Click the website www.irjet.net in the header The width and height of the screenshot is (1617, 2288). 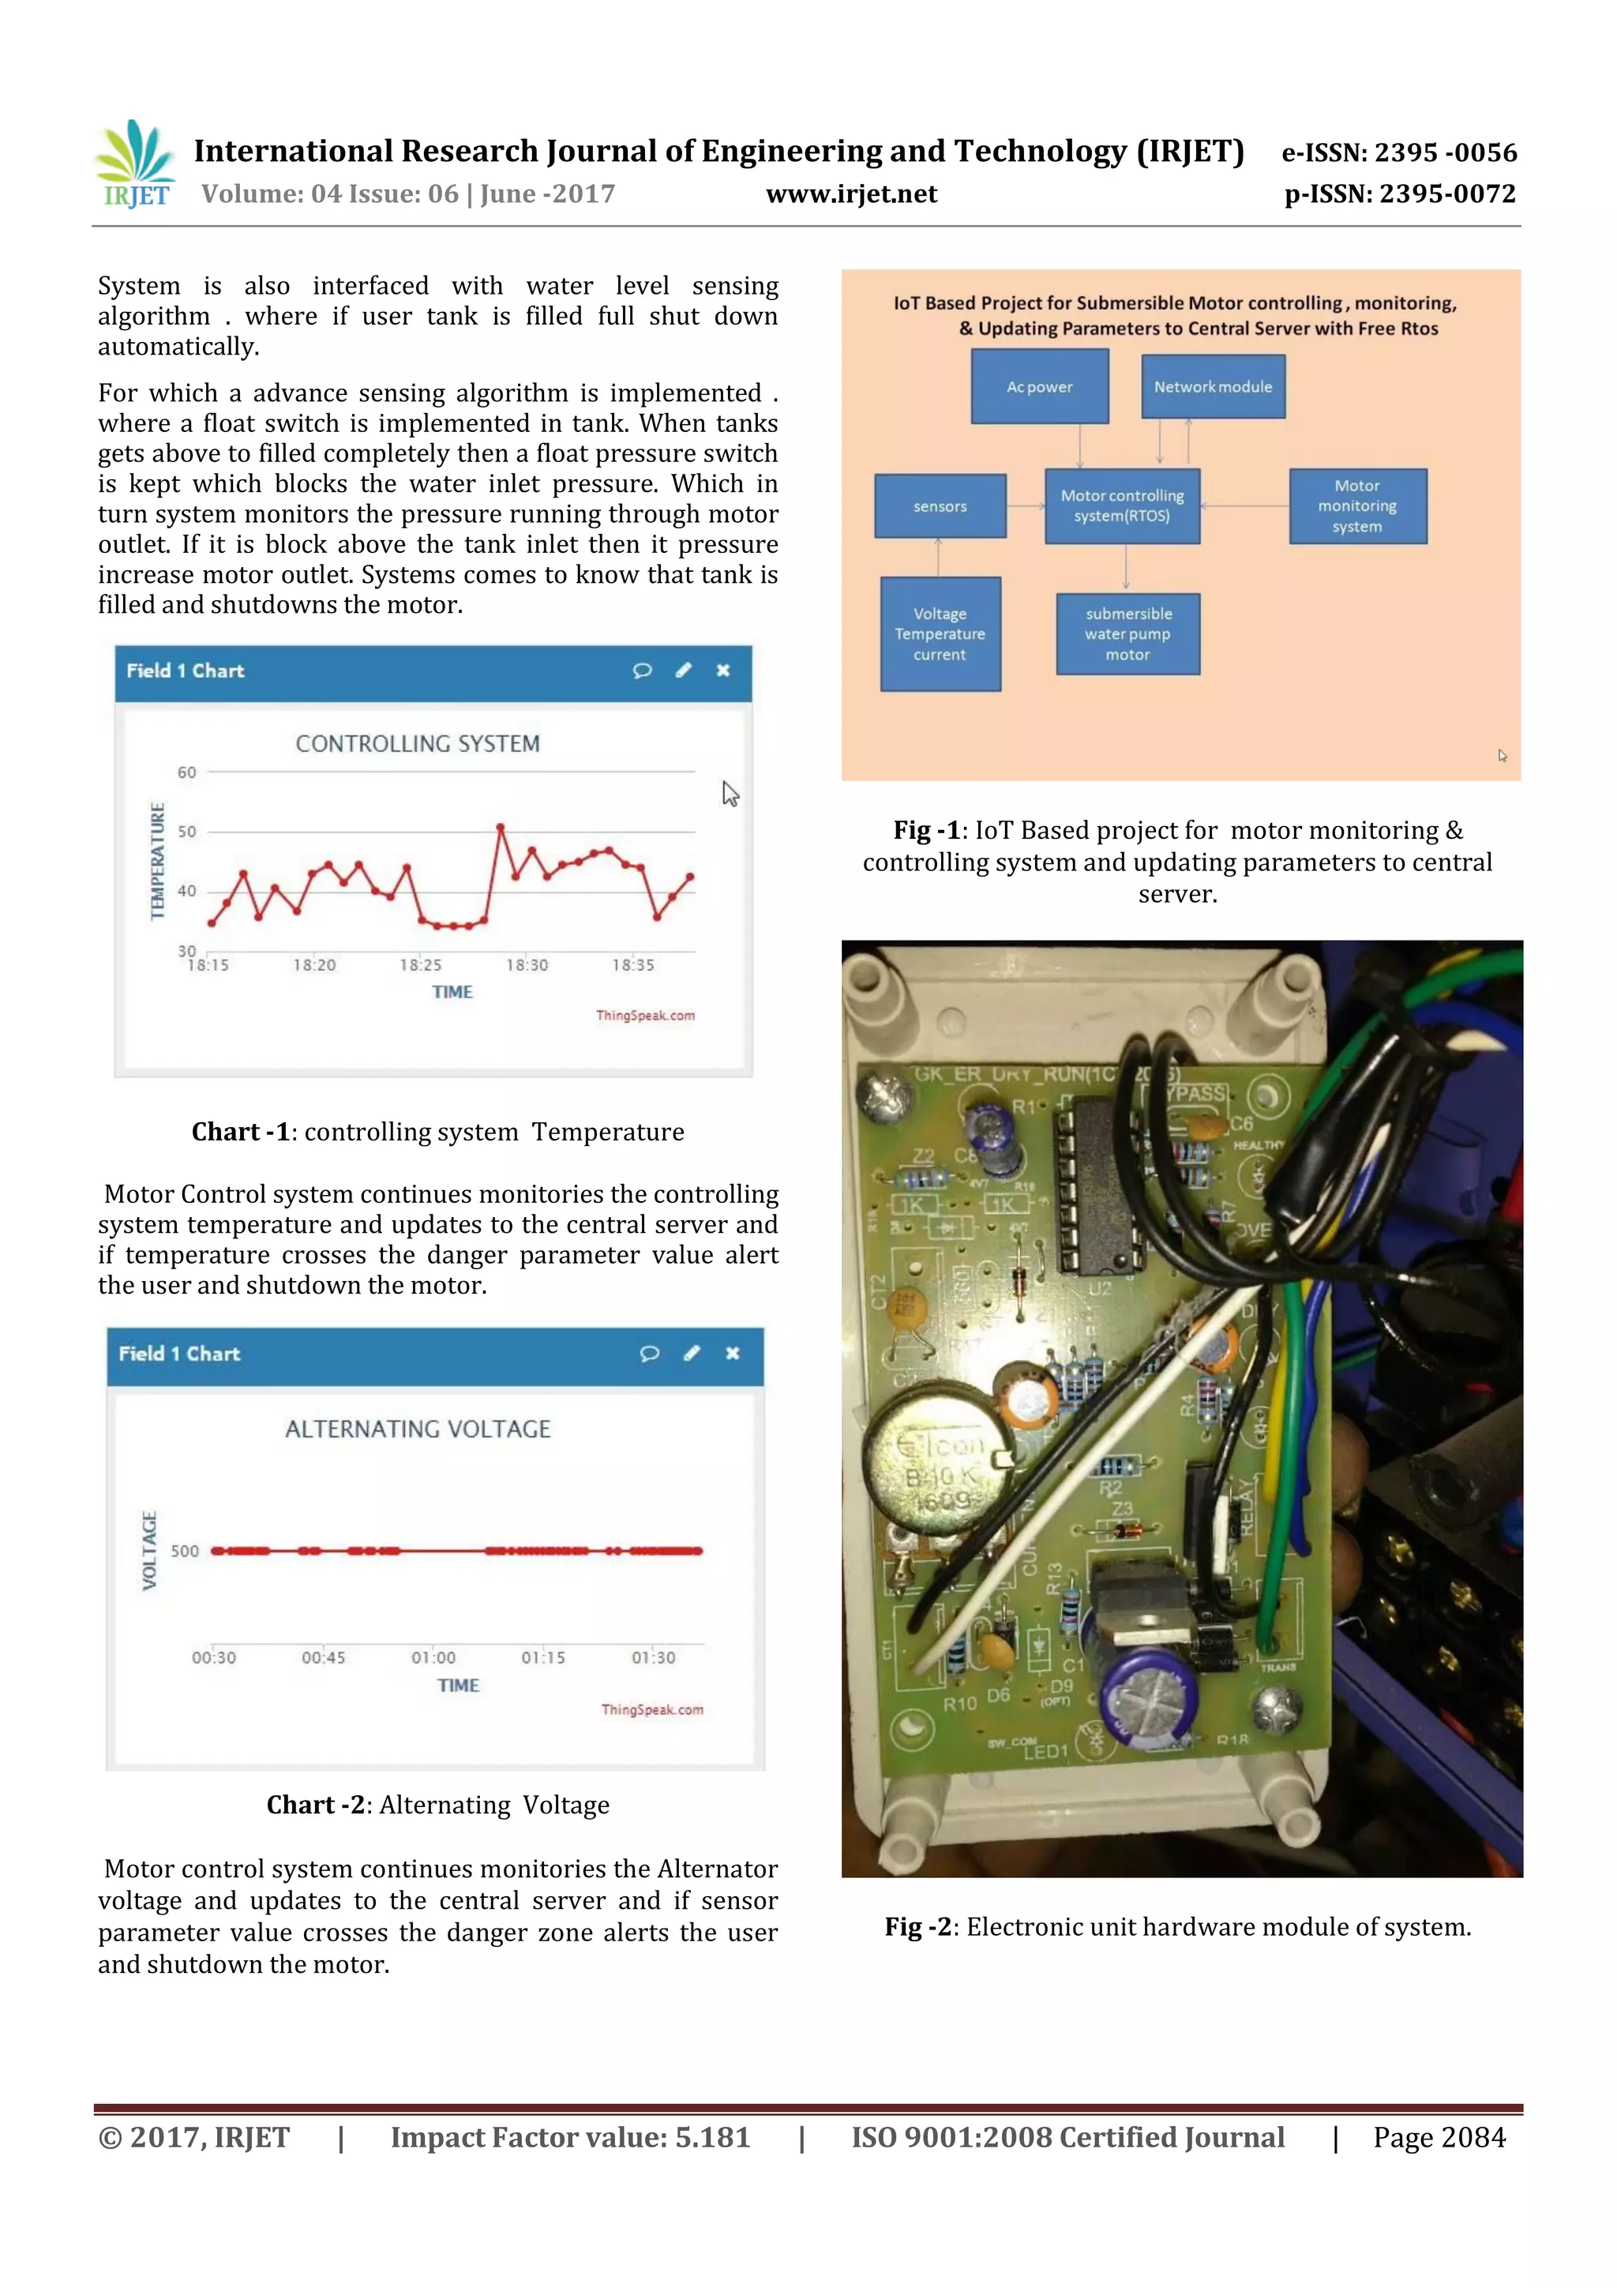click(x=851, y=193)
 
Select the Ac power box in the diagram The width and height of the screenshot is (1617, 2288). click(x=1039, y=387)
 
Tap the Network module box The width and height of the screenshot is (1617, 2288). click(x=1213, y=387)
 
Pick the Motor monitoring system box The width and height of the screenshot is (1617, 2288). click(x=1357, y=506)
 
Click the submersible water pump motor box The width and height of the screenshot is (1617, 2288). click(x=1127, y=633)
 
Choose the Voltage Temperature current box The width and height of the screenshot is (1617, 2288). click(x=940, y=633)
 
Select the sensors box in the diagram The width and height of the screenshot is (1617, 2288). click(x=940, y=506)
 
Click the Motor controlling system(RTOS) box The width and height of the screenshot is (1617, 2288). click(x=1122, y=506)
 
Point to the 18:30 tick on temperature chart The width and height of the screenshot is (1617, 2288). click(x=526, y=964)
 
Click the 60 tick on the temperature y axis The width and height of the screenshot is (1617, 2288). click(x=186, y=772)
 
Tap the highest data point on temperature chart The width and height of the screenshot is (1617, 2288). click(x=500, y=827)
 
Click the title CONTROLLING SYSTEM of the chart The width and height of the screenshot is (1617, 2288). click(x=418, y=743)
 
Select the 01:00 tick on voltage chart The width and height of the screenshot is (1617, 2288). click(x=433, y=1657)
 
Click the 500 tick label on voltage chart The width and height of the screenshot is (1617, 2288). click(x=184, y=1550)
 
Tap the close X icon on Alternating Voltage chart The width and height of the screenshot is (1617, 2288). click(x=732, y=1353)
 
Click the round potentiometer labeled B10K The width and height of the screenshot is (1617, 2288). click(x=936, y=1470)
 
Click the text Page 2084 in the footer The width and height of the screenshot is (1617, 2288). click(x=1439, y=2137)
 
